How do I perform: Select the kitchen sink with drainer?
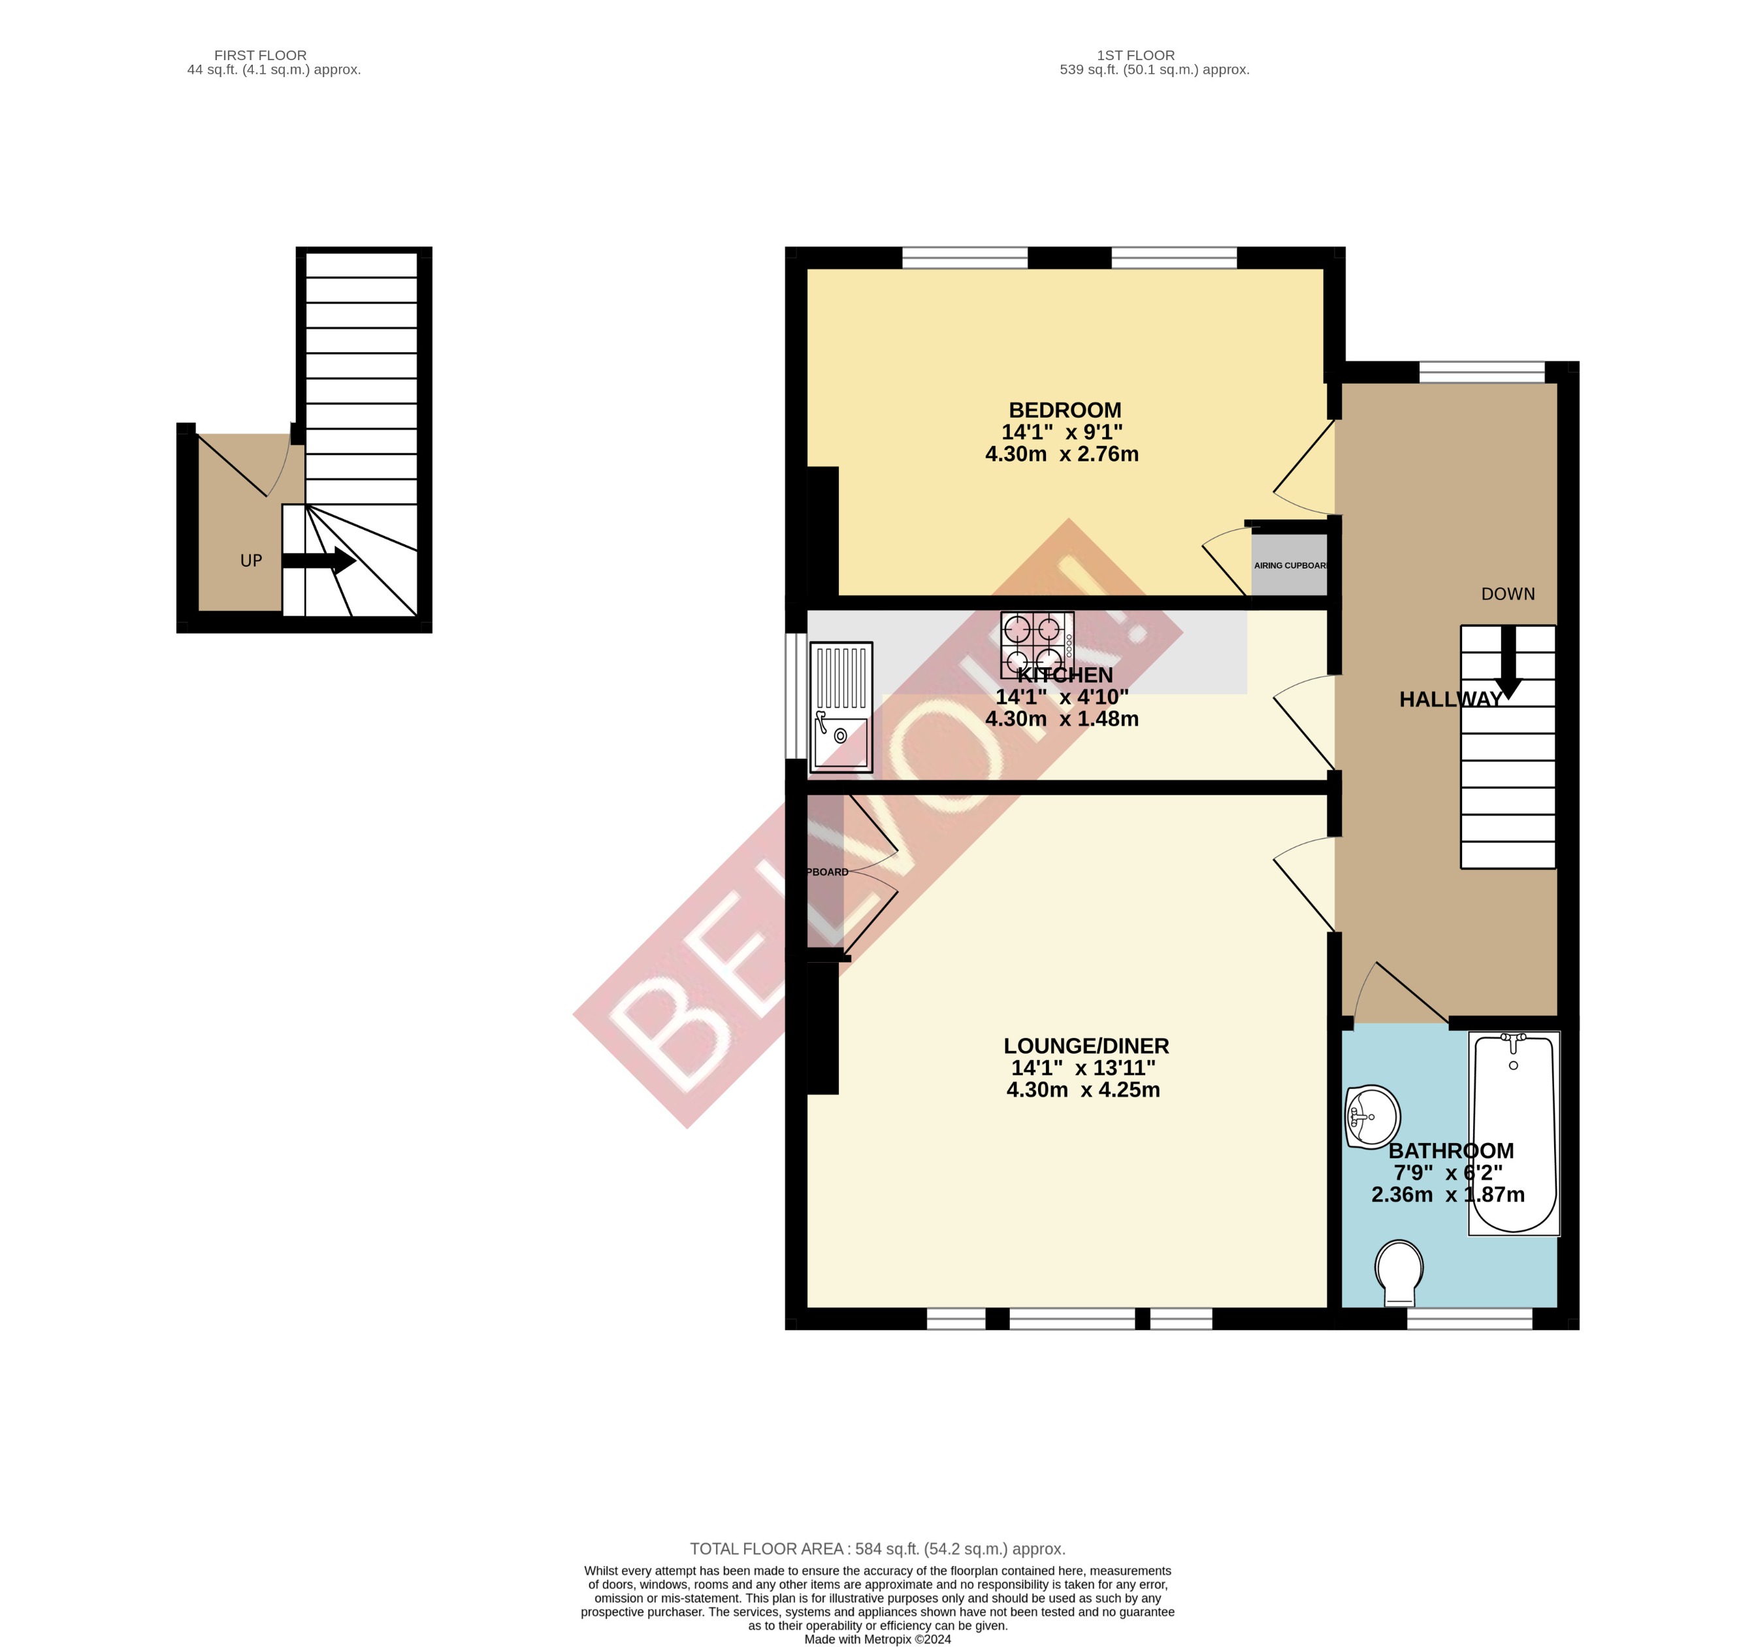click(841, 707)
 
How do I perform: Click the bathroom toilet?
click(1399, 1273)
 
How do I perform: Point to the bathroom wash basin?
click(1372, 1117)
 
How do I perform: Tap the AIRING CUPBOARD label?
click(1290, 565)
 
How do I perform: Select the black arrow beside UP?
click(319, 560)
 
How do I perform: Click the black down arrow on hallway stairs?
click(1508, 663)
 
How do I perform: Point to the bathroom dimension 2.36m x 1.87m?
click(1447, 1195)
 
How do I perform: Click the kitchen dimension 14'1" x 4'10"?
click(1062, 697)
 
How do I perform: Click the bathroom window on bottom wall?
click(1469, 1319)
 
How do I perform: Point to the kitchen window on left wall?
click(796, 695)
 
